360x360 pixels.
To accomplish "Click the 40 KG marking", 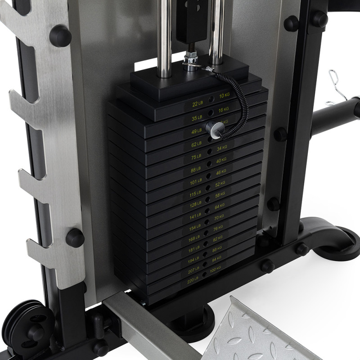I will click(222, 161).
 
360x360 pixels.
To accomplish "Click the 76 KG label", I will click(218, 228).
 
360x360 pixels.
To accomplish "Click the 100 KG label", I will click(216, 269).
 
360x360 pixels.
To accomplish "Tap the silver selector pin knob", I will click(212, 128).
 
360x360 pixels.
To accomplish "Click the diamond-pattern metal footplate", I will click(252, 333).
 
